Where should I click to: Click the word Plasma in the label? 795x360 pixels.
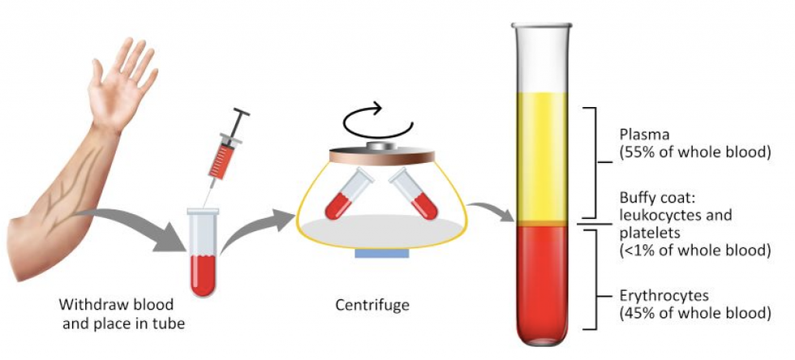tap(644, 135)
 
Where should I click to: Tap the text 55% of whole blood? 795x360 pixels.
tap(694, 152)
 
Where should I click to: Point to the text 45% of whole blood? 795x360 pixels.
tap(694, 312)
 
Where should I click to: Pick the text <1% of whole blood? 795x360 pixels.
tap(694, 250)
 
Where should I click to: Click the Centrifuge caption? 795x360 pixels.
tap(372, 305)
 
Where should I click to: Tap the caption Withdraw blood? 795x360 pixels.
tap(116, 305)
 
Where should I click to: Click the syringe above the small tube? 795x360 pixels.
tap(226, 147)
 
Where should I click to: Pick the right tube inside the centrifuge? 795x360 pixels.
tap(413, 194)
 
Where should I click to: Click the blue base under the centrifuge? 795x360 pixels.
tap(382, 253)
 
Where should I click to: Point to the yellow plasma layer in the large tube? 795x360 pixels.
tap(541, 156)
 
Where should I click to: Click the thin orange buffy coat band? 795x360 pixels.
tap(541, 224)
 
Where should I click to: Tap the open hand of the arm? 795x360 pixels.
tap(121, 84)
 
